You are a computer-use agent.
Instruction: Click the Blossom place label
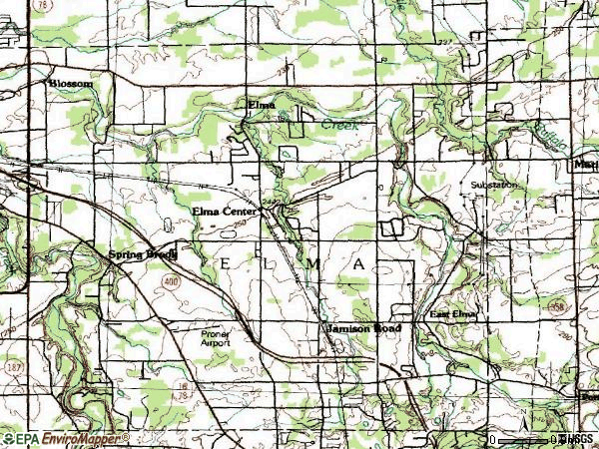pos(70,84)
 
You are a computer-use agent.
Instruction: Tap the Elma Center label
pos(225,212)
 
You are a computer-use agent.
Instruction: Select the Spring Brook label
pos(143,254)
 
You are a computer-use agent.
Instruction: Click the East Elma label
pos(454,315)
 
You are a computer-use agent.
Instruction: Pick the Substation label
pos(495,186)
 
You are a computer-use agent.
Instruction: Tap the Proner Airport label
pos(215,338)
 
